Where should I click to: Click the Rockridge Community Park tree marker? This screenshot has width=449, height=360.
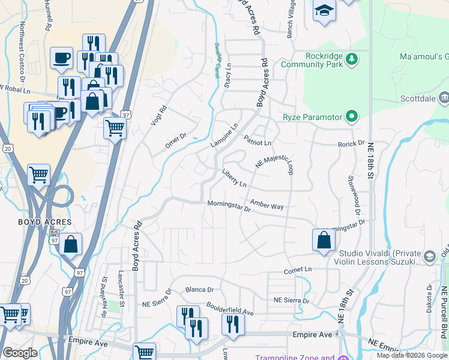click(x=352, y=59)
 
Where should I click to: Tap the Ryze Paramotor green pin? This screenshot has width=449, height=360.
click(x=352, y=116)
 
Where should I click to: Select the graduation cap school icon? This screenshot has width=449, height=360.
click(x=324, y=11)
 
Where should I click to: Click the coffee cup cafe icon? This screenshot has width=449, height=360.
click(x=61, y=58)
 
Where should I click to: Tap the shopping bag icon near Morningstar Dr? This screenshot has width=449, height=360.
click(x=324, y=240)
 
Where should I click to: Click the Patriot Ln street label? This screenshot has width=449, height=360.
click(x=258, y=141)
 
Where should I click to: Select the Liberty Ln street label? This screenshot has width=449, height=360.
click(x=234, y=178)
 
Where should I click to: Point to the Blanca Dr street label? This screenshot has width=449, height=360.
click(x=199, y=289)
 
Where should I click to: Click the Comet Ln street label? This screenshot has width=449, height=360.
click(x=300, y=271)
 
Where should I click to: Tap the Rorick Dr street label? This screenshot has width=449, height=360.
click(x=351, y=144)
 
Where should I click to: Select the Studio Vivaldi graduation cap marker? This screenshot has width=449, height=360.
click(x=429, y=256)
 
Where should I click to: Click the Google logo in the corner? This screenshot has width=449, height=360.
click(x=19, y=352)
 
